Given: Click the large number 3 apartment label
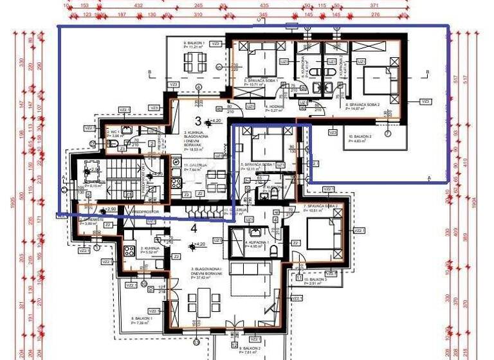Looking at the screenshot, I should tap(197, 121).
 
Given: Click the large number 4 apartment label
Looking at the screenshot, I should tap(193, 227).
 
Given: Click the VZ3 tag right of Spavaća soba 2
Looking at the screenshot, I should tap(425, 102).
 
